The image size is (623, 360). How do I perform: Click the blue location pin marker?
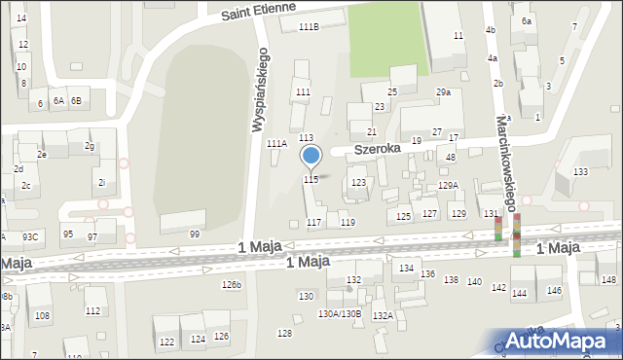(x=311, y=156)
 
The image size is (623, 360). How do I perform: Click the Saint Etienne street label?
(x=258, y=13)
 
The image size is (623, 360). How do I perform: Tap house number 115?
(x=311, y=180)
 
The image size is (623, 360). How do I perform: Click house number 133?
(x=580, y=172)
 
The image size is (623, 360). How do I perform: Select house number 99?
(x=195, y=234)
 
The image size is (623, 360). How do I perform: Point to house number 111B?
(x=309, y=26)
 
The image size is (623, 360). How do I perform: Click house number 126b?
(x=231, y=285)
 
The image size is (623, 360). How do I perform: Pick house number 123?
(x=358, y=183)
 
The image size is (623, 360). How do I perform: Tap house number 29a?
(x=443, y=92)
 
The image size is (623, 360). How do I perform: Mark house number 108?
(x=43, y=316)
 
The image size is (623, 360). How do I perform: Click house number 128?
(x=284, y=334)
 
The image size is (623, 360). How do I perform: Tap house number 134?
(x=407, y=268)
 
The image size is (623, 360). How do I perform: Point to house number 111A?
(x=276, y=143)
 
